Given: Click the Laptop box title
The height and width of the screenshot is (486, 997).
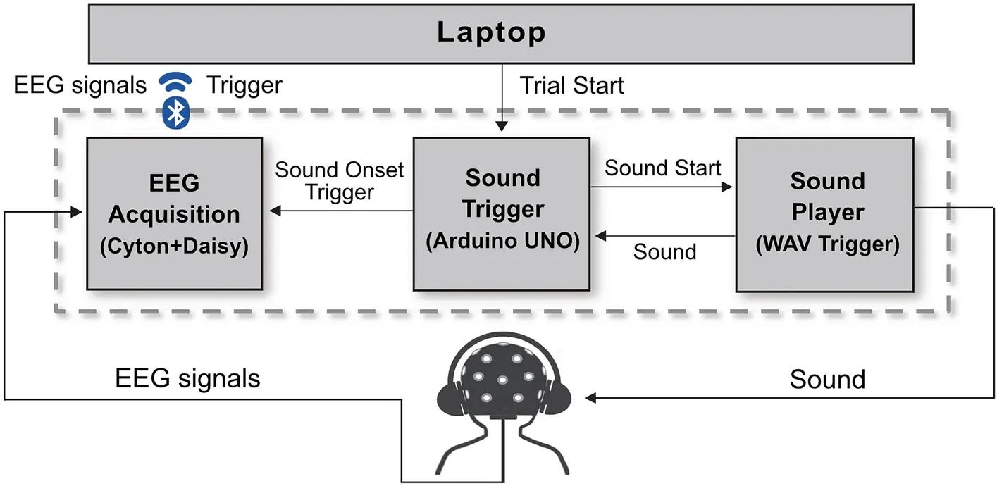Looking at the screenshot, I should click(492, 32).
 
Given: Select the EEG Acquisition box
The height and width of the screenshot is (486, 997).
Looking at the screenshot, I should click(174, 213).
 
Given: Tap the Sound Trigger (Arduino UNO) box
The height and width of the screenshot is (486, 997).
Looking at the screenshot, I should click(502, 213).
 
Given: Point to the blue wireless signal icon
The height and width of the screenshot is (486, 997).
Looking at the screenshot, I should click(174, 83).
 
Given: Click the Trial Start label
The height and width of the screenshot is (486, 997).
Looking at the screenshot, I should click(571, 86).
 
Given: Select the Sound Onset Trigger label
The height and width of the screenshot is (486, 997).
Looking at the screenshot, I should click(340, 181).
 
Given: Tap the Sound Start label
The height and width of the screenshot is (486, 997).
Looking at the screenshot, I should click(663, 168).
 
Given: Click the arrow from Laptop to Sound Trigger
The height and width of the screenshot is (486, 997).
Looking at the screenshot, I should click(502, 99).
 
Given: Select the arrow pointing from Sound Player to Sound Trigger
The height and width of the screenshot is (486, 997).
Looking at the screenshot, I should click(662, 236).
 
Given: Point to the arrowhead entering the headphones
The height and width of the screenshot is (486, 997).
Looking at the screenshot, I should click(592, 399).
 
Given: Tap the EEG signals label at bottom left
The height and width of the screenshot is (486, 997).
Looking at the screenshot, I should click(187, 379).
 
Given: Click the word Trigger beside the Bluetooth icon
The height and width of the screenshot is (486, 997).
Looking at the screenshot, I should click(244, 85).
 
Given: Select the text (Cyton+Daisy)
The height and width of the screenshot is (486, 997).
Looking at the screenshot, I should click(174, 247).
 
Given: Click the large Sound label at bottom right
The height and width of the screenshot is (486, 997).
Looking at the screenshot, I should click(826, 379).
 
